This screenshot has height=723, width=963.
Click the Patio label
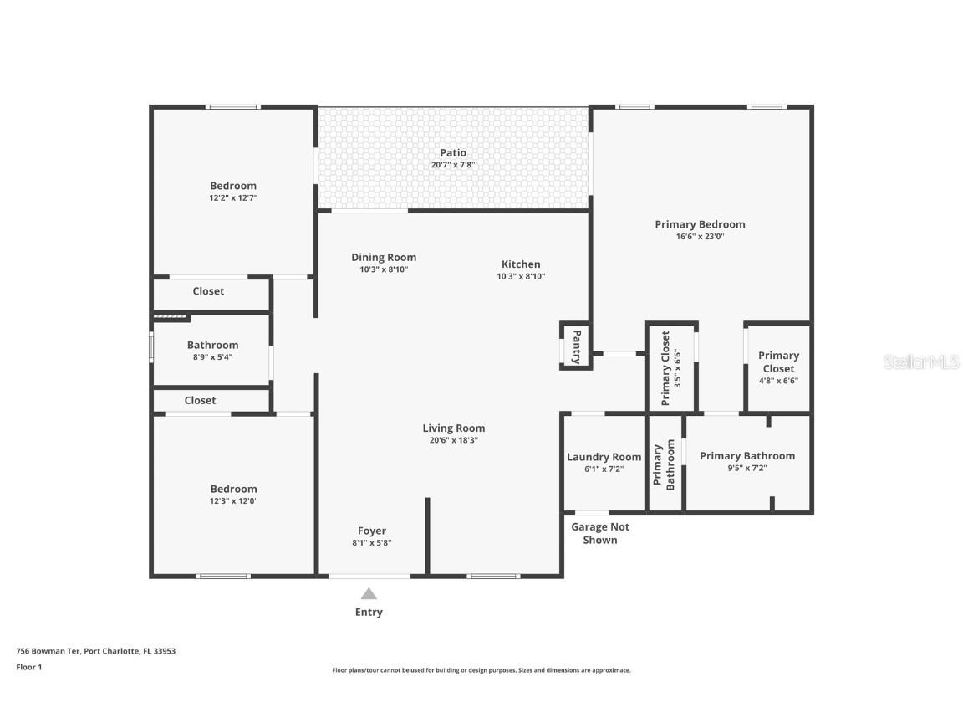click(452, 152)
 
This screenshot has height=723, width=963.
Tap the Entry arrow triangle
click(369, 594)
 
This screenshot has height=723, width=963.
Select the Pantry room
click(575, 346)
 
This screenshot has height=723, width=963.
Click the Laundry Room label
click(604, 457)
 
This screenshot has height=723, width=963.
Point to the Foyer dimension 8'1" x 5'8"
click(371, 543)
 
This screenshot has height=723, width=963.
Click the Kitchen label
click(521, 264)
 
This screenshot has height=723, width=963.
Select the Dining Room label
click(384, 258)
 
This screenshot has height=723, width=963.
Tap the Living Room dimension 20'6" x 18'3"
click(454, 440)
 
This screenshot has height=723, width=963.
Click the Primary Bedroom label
click(701, 224)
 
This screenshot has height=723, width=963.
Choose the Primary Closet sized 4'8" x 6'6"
click(778, 367)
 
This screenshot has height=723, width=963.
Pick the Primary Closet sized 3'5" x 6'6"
click(671, 367)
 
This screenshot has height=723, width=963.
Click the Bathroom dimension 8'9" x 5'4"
click(212, 357)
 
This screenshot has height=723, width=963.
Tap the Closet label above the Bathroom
click(208, 291)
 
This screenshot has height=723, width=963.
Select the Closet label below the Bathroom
click(201, 400)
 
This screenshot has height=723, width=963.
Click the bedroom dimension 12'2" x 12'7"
click(233, 198)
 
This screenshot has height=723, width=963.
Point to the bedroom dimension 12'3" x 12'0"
click(233, 501)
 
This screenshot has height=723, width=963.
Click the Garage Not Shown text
click(600, 533)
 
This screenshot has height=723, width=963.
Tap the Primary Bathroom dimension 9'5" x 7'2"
click(747, 468)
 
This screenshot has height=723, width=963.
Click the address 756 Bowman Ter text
click(48, 651)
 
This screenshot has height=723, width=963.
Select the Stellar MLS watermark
click(921, 362)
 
